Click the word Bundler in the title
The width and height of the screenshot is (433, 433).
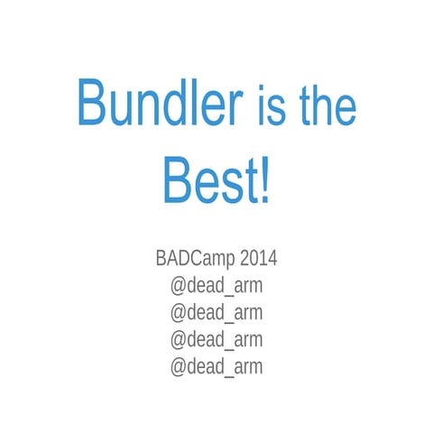[160, 104]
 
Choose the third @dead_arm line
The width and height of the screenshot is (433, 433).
[216, 339]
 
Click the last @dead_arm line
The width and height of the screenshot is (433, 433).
[216, 365]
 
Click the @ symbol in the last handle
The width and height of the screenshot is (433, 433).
[178, 366]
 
